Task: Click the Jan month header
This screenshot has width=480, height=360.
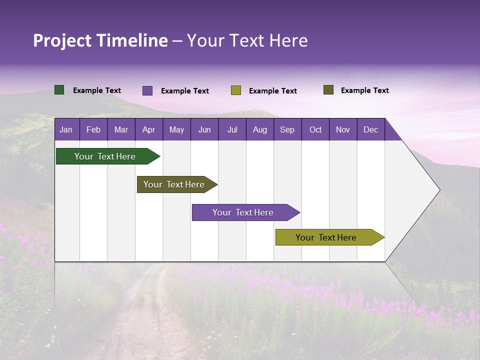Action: pyautogui.click(x=66, y=129)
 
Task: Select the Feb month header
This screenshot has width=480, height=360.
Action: pyautogui.click(x=93, y=129)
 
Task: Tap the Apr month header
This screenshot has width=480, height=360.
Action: pyautogui.click(x=148, y=129)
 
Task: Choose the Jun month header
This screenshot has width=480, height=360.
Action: pyautogui.click(x=204, y=129)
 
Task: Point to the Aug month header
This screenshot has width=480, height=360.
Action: pyautogui.click(x=259, y=129)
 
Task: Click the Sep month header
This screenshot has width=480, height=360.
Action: pyautogui.click(x=287, y=129)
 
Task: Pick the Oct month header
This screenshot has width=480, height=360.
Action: pyautogui.click(x=315, y=129)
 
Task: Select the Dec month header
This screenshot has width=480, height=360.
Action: pyautogui.click(x=370, y=129)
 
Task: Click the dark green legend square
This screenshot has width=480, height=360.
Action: pyautogui.click(x=59, y=90)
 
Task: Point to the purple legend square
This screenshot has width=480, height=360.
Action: pyautogui.click(x=147, y=90)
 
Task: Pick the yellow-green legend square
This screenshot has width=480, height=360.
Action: pyautogui.click(x=236, y=90)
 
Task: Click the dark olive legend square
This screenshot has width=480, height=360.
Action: pyautogui.click(x=328, y=90)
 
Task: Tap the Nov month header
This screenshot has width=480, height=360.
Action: pyautogui.click(x=343, y=129)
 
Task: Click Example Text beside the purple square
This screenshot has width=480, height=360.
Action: pyautogui.click(x=184, y=91)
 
